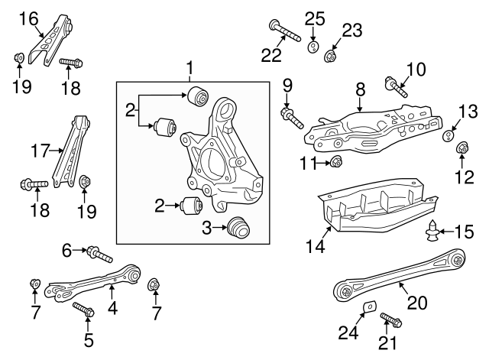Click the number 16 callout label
coord(28,18)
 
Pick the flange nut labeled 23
coord(332,54)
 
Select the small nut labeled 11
coord(337,161)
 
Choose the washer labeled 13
coord(450,137)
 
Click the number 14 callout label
coord(316,247)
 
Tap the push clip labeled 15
coord(434,229)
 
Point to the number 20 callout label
coord(417,301)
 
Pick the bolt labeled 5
coord(84,310)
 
